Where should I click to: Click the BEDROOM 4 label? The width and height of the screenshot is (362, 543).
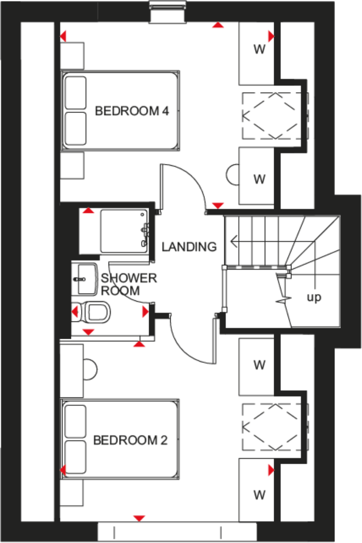point(131,111)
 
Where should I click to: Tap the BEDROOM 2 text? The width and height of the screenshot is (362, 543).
point(130,440)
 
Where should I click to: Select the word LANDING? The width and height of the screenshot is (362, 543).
point(189,247)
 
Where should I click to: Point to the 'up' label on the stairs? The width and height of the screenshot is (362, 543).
point(314,297)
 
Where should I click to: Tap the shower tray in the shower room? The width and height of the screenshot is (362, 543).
point(124,231)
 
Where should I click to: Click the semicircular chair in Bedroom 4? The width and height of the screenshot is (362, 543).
point(232,175)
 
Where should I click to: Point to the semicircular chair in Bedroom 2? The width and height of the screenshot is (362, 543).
point(90,369)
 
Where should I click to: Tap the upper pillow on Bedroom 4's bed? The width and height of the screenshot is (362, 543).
point(75,93)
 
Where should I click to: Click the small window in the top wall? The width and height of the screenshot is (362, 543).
point(168,12)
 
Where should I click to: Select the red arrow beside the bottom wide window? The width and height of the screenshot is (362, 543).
point(139,518)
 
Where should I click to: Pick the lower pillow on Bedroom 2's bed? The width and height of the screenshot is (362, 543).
point(75,457)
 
